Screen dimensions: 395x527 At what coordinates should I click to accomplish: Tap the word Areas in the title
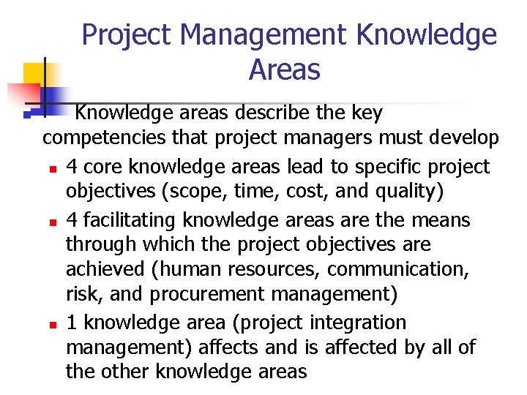(x=285, y=70)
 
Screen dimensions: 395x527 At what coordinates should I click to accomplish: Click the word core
(x=100, y=167)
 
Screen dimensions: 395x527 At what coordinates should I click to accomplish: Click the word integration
(x=359, y=322)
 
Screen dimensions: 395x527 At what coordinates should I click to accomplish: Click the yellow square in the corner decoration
(x=34, y=74)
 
